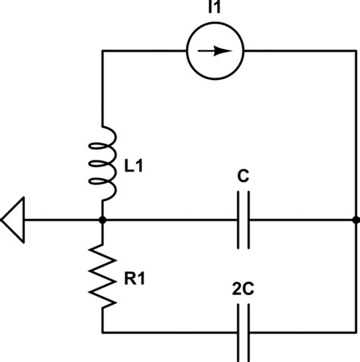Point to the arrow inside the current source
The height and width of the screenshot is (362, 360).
[x=219, y=52]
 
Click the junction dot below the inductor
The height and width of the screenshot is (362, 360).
[x=103, y=221]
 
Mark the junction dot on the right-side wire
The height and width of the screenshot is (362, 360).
[x=355, y=221]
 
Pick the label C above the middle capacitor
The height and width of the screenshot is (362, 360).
[x=242, y=177]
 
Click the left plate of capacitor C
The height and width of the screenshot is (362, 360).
[x=238, y=221]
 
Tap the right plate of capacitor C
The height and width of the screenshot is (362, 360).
[x=248, y=221]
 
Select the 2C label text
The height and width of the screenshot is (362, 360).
[x=242, y=289]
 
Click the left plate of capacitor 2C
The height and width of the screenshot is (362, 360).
[x=238, y=332]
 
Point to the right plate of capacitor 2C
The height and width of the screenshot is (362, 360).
[x=248, y=332]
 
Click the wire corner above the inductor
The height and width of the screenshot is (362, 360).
[x=103, y=52]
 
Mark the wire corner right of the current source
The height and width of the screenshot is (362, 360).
[x=355, y=52]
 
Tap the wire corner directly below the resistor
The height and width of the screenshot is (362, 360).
[x=103, y=332]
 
